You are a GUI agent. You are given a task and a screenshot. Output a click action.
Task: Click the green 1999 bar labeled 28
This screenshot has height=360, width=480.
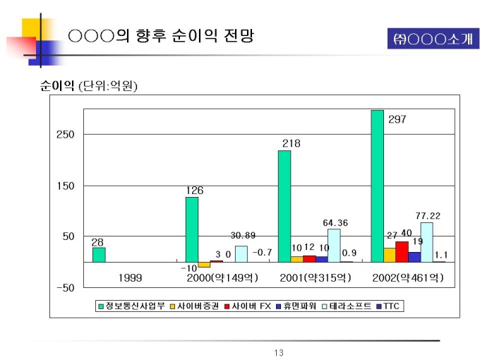(99, 255)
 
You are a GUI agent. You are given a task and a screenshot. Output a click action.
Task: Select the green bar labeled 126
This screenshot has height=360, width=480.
(191, 229)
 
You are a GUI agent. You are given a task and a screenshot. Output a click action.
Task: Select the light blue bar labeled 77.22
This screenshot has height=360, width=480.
(426, 242)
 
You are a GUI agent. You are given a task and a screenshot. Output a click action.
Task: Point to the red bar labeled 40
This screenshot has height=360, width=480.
(402, 251)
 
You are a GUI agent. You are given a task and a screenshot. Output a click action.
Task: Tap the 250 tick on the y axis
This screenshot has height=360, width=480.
(65, 134)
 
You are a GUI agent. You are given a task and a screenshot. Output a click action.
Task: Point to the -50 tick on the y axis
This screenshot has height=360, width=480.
(65, 288)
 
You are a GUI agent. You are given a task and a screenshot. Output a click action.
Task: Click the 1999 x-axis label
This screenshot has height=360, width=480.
(129, 278)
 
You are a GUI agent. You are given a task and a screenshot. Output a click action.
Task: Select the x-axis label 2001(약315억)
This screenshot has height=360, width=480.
(316, 278)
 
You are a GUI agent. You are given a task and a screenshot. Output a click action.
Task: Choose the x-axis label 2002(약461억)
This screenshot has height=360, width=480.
(408, 278)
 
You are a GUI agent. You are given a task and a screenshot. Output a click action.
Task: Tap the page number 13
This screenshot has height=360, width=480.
(278, 352)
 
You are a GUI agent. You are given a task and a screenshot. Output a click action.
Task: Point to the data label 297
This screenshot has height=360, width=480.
(397, 119)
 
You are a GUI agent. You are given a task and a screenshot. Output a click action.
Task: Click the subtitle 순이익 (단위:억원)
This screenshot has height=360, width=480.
(89, 87)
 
